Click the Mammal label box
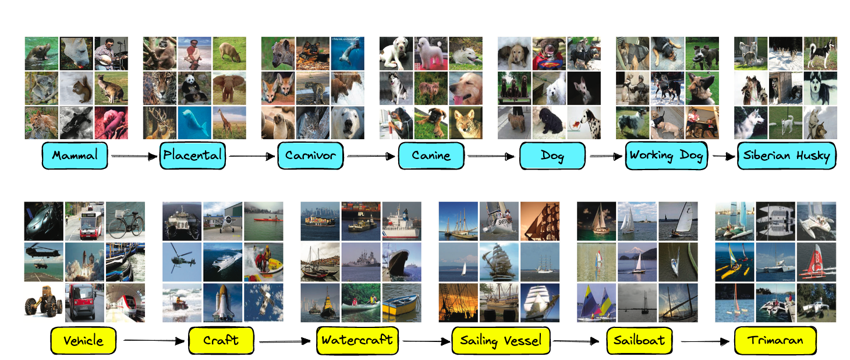point(75,156)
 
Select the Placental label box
point(193,156)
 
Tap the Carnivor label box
point(310,156)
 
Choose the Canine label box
point(431,156)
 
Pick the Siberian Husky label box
point(787,156)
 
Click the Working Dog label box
point(667,156)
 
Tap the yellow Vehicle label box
point(83,340)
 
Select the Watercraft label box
point(357,340)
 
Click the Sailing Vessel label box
point(501,340)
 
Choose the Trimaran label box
point(775,340)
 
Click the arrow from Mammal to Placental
point(134,156)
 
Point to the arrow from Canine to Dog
point(491,156)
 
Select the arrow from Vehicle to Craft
point(154,341)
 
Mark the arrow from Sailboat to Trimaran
point(705,341)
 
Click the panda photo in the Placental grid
point(194,88)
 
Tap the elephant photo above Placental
point(229,88)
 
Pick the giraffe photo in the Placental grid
point(229,123)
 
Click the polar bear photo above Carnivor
point(348,123)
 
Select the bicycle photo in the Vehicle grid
point(125,221)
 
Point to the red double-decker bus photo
point(84,221)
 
